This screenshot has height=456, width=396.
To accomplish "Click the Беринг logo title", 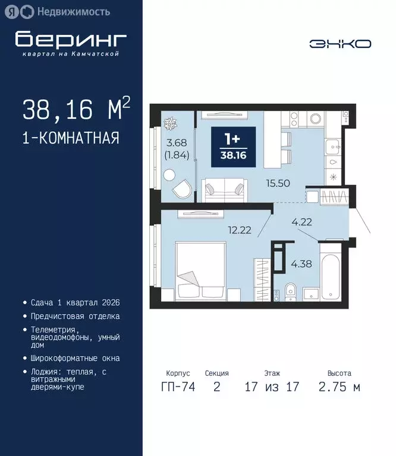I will click(x=71, y=40).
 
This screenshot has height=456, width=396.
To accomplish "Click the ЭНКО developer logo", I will click(x=340, y=43).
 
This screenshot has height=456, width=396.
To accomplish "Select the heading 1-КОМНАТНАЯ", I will click(x=71, y=138).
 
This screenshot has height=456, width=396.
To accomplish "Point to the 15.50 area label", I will click(x=279, y=183).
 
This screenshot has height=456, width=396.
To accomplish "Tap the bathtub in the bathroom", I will click(x=331, y=276).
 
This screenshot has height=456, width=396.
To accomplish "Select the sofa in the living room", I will click(x=224, y=191).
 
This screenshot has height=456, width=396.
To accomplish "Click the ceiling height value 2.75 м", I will click(x=339, y=387).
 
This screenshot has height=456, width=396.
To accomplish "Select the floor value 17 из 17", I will click(x=272, y=387).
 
